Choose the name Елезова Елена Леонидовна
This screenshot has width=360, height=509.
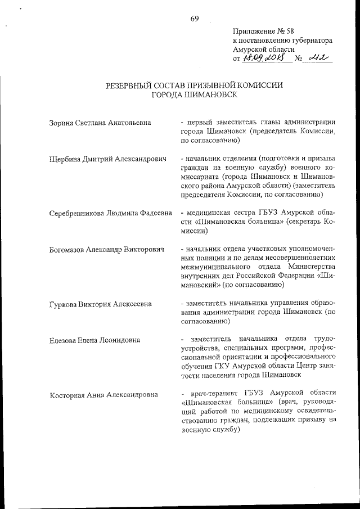click(94, 340)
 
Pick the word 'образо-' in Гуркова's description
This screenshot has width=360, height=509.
click(322, 304)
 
